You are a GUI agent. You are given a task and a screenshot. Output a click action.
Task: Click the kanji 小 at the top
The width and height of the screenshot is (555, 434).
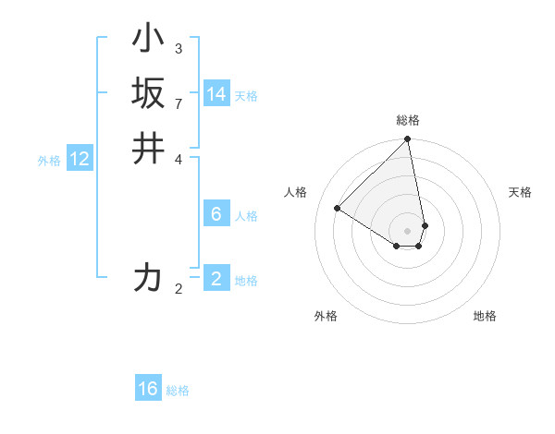pos(149,41)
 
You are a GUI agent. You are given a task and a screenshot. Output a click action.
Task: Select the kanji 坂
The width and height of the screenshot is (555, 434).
pos(149,92)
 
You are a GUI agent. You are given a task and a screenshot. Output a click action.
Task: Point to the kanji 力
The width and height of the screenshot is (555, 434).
pos(149,277)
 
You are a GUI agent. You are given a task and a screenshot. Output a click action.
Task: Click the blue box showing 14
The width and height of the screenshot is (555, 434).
pos(216,94)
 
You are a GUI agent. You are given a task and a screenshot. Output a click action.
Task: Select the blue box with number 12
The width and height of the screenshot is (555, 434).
pos(80,159)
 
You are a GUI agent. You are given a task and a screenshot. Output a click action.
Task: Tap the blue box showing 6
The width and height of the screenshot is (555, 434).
pos(216,214)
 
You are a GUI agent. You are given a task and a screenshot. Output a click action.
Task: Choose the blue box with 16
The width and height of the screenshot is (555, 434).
pos(148,389)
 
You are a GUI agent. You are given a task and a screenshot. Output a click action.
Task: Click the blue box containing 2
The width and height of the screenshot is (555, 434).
pos(216,279)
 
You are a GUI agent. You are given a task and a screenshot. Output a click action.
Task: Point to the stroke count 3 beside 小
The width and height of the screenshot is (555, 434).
pos(179,49)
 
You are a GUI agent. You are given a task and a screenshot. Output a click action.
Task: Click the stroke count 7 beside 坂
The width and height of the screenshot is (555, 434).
pos(179,102)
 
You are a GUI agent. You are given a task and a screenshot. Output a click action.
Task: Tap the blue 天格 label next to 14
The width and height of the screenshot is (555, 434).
pos(246,96)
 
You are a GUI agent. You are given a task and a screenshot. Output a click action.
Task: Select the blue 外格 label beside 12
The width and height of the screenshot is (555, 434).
pos(49,161)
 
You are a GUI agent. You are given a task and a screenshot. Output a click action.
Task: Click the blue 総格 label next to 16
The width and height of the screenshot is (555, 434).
pos(178,391)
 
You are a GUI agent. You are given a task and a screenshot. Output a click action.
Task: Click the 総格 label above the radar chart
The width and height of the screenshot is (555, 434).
pos(408,120)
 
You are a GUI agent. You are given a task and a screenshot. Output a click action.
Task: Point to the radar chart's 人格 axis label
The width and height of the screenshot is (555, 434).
pos(295,192)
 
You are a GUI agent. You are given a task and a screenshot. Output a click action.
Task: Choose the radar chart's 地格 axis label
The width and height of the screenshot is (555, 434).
pos(485,317)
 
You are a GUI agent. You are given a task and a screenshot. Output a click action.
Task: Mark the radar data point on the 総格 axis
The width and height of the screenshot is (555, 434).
pos(407,140)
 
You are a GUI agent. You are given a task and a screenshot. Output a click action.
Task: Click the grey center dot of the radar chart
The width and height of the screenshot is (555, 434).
pos(407,230)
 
